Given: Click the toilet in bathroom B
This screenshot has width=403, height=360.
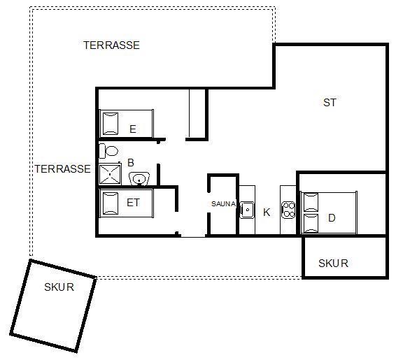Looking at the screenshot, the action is pyautogui.click(x=108, y=151).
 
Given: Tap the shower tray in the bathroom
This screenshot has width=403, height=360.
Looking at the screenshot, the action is pyautogui.click(x=110, y=174).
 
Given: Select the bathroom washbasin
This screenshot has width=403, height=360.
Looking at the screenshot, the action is pyautogui.click(x=139, y=179).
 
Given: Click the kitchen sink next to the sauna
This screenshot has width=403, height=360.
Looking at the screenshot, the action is pyautogui.click(x=247, y=210).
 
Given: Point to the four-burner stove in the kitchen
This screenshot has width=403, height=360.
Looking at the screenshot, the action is pyautogui.click(x=288, y=210).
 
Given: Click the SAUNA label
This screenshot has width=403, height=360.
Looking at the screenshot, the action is pyautogui.click(x=223, y=204).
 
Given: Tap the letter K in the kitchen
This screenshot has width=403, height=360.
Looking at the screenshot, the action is pyautogui.click(x=267, y=213).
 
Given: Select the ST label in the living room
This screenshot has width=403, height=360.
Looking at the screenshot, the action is pyautogui.click(x=330, y=103).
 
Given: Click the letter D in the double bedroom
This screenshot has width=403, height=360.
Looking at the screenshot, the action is pyautogui.click(x=332, y=218).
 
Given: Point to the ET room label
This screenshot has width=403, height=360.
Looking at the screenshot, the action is pyautogui.click(x=133, y=203).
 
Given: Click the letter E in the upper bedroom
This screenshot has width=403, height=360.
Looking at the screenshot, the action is pyautogui.click(x=133, y=129).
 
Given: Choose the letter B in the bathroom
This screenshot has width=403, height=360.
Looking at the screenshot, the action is pyautogui.click(x=131, y=163).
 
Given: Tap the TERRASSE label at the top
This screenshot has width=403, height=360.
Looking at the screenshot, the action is pyautogui.click(x=111, y=45).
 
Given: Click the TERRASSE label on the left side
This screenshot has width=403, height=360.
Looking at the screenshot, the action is pyautogui.click(x=63, y=169).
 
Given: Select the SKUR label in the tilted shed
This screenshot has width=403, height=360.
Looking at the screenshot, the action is pyautogui.click(x=59, y=287).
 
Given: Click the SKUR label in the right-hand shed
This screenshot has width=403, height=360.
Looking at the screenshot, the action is pyautogui.click(x=333, y=264).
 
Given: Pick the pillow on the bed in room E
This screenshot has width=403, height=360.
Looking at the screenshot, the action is pyautogui.click(x=111, y=124).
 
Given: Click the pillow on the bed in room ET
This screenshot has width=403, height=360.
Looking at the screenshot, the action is pyautogui.click(x=111, y=203).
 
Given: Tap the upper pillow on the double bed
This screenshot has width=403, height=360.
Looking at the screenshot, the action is pyautogui.click(x=311, y=202).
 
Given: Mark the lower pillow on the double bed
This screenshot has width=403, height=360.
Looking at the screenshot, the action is pyautogui.click(x=311, y=223).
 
